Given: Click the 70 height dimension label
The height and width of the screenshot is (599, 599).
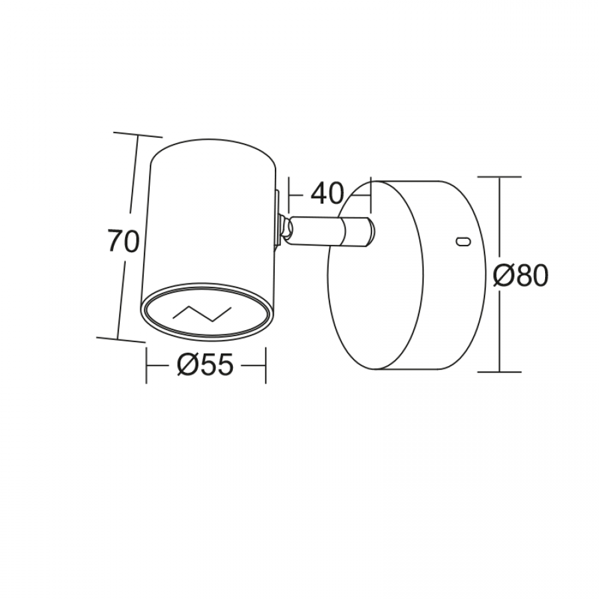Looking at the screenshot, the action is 123,241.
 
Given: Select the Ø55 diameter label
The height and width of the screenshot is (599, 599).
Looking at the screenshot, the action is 205,364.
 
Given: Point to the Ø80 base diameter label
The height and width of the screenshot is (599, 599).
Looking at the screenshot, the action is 520,276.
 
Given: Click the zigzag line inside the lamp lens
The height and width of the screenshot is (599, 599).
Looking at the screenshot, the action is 202,313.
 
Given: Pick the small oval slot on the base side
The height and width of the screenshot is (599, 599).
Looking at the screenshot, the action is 464,241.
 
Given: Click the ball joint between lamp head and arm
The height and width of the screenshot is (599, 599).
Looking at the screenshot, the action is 286,228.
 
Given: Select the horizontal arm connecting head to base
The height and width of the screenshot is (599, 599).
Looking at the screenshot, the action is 331,231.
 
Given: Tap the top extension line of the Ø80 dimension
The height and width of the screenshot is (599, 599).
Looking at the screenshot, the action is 500,177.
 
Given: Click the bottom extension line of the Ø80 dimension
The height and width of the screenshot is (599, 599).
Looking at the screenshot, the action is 499,371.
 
